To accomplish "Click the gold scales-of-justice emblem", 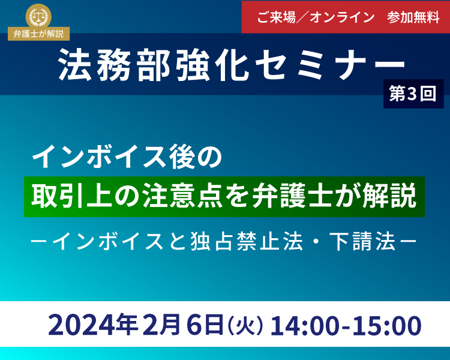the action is [x=38, y=16].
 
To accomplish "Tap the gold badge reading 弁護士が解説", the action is [x=39, y=34].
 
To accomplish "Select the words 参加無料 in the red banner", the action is [x=413, y=17].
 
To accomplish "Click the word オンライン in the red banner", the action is [x=342, y=17].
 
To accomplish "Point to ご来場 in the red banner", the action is [x=276, y=17].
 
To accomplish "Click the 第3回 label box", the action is [x=413, y=94].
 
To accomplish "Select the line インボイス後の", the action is [x=127, y=157].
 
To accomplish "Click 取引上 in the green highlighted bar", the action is [x=71, y=196].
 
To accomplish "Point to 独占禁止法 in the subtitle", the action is [x=246, y=241].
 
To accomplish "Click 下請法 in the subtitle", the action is [x=362, y=241].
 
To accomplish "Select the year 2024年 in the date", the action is [x=92, y=325].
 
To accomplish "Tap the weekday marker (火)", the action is [x=245, y=325].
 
